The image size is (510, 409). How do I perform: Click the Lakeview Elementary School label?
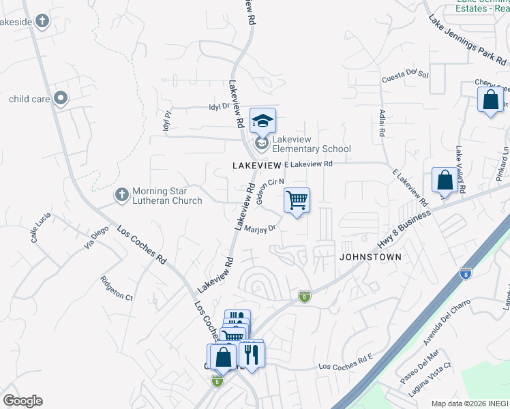312,144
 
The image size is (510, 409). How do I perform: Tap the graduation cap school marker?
262,121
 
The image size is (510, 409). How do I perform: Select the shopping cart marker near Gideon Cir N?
297,200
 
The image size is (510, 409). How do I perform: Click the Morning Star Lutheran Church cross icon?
122,195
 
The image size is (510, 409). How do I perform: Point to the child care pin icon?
61,99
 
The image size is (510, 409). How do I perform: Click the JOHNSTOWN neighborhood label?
371,257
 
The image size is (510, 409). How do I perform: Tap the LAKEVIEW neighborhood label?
256,166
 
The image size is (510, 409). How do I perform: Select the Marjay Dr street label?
259,230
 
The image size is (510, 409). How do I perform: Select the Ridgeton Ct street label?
117,288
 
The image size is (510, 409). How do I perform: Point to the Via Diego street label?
96,239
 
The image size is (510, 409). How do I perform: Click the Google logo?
22,401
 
